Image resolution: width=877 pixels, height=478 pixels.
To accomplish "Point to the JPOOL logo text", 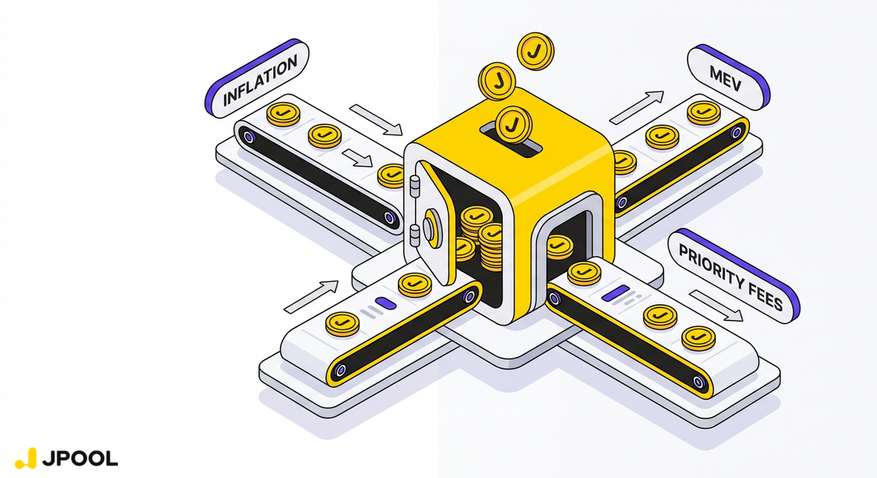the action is click(x=80, y=459).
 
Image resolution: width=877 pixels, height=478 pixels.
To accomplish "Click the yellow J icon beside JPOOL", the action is click(x=25, y=458).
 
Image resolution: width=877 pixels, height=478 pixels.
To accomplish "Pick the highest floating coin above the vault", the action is click(x=535, y=51).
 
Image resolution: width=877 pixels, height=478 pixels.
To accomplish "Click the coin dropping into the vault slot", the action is click(x=514, y=125).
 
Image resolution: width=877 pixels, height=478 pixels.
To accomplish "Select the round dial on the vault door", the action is click(x=431, y=227).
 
